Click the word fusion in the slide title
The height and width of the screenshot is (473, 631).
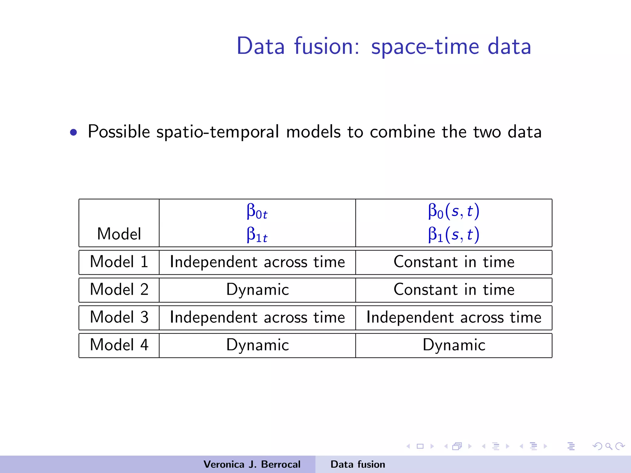coord(327,46)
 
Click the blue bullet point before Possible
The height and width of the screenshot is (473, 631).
coord(73,132)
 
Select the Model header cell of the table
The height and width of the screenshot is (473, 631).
coord(119,234)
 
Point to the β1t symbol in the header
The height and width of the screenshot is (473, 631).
coord(257,235)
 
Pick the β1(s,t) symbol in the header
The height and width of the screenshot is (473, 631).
coord(454,235)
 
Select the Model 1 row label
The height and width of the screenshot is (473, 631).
coord(119,262)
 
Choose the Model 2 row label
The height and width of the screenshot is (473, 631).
coord(119,290)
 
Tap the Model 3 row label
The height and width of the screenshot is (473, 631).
coord(119,317)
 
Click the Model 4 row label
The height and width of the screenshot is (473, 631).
coord(119,345)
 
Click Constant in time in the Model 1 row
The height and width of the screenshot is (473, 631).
coord(454,262)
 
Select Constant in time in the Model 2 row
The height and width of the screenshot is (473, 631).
coord(454,290)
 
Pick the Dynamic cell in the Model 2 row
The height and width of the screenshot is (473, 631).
coord(257,290)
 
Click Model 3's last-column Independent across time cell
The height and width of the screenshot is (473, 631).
coord(454,317)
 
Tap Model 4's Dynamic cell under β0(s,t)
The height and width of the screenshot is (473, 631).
coord(454,345)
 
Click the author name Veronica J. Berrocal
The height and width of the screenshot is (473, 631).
coord(252,464)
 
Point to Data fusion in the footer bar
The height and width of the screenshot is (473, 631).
coord(358,464)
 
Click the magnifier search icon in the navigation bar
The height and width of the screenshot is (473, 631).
coord(609,446)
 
